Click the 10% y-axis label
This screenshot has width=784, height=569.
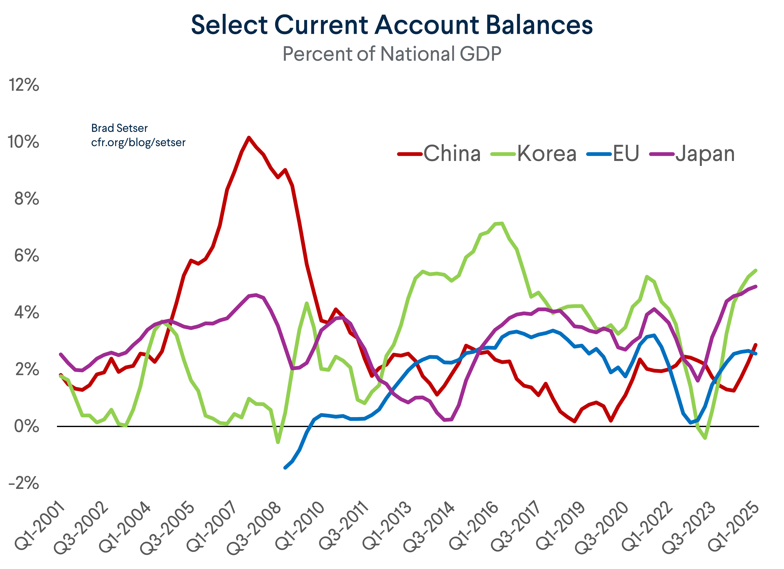(24, 142)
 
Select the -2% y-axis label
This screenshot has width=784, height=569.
(24, 483)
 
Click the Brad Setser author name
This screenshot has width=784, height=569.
(119, 128)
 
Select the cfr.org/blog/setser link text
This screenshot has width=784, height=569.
(138, 142)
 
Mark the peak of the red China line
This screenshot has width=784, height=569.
(248, 137)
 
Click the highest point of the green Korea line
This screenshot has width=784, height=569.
(501, 223)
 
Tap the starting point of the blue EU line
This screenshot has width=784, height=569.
(285, 468)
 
